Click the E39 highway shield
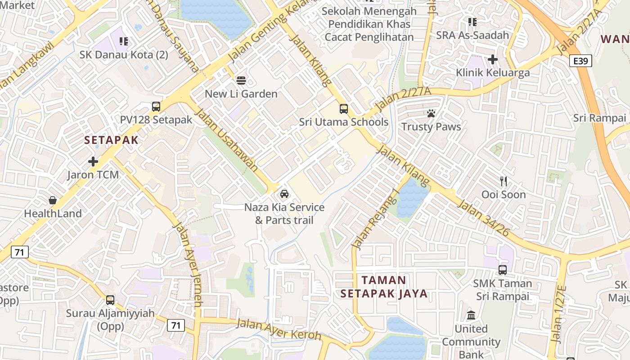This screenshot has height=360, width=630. tap(580, 61)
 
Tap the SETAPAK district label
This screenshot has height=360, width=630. tap(111, 140)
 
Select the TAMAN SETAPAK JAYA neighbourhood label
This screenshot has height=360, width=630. tap(384, 287)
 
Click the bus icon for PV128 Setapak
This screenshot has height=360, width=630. tap(156, 107)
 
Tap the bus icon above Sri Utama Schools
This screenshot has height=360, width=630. tap(344, 109)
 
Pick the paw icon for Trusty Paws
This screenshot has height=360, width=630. tap(431, 113)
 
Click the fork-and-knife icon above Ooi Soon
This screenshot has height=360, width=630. tap(504, 181)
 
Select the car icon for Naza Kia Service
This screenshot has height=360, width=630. tap(284, 194)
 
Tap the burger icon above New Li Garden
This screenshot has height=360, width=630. tap(241, 81)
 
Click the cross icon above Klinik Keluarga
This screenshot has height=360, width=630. tap(493, 59)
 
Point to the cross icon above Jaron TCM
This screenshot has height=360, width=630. tap(93, 161)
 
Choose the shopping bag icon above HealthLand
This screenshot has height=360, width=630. tap(53, 200)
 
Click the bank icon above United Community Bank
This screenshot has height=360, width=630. tap(471, 315)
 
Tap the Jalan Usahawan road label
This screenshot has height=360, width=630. tap(227, 140)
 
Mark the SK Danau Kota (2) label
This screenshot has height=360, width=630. tap(124, 55)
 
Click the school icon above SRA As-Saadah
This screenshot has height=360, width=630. tap(472, 22)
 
